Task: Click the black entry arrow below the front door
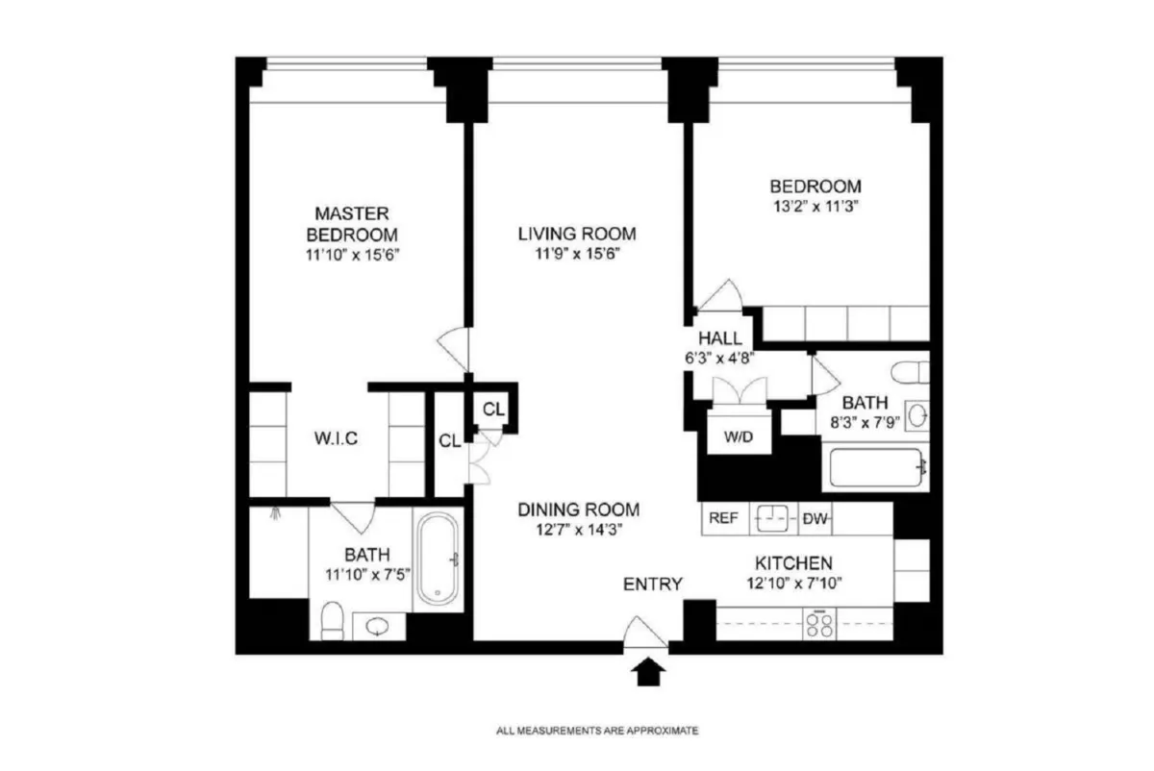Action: (649, 671)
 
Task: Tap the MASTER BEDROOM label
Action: (351, 223)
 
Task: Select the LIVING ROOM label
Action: (577, 233)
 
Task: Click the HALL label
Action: (719, 338)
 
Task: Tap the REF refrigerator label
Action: (723, 518)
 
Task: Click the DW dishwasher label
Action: (815, 518)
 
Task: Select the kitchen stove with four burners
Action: (820, 626)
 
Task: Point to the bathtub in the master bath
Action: (439, 559)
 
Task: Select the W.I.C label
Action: (337, 439)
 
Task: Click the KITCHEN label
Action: (793, 563)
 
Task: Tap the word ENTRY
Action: (653, 584)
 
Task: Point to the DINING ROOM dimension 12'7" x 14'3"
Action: (578, 528)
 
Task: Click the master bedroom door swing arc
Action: (453, 343)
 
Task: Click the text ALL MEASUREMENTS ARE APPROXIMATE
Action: (597, 731)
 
